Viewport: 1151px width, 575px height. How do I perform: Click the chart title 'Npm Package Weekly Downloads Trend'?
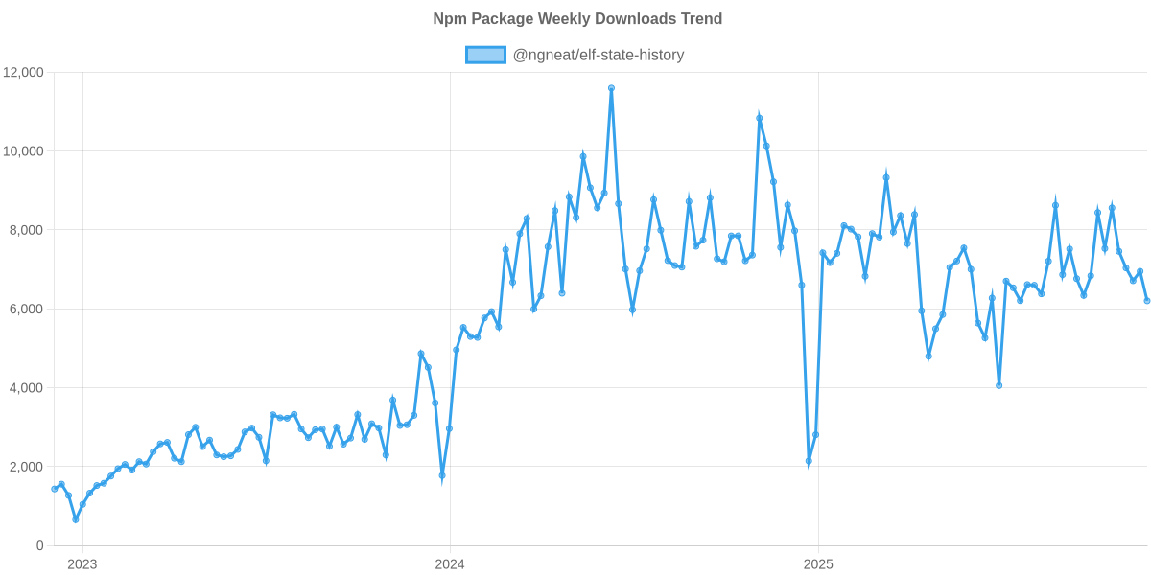(575, 19)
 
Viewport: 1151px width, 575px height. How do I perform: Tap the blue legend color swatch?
(485, 55)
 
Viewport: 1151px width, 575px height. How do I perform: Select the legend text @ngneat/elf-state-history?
(599, 55)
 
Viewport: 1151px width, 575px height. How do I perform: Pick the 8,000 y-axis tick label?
(27, 230)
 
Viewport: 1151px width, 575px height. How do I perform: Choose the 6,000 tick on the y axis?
(27, 310)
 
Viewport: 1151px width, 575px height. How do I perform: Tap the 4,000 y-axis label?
(27, 388)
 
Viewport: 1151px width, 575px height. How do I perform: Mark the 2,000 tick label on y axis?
(27, 467)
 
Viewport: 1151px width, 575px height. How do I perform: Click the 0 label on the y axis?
(39, 545)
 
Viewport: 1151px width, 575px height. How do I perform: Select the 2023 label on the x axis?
(82, 564)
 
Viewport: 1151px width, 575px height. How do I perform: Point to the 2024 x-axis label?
(449, 564)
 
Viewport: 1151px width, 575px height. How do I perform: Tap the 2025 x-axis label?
(817, 564)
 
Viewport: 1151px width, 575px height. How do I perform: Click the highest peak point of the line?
(611, 88)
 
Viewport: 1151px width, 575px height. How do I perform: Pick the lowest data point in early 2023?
(76, 519)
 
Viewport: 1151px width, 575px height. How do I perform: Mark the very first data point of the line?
(55, 489)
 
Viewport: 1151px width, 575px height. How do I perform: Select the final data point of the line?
(1147, 301)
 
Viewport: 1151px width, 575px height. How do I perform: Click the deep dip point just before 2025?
(809, 462)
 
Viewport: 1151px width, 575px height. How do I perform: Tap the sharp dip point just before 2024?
(442, 475)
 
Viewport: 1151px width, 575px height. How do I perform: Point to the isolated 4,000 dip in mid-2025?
(999, 385)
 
